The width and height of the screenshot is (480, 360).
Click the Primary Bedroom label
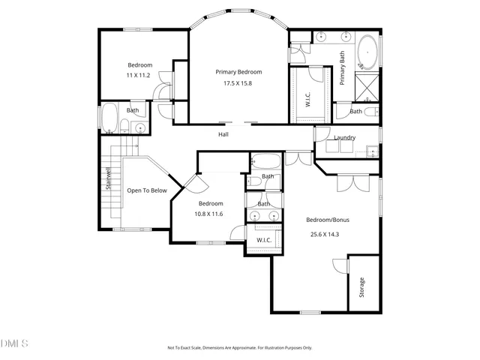point(238,72)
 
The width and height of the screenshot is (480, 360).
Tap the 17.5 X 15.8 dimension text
point(238,83)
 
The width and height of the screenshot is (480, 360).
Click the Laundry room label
point(345,137)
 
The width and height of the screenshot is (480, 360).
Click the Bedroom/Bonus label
point(328,220)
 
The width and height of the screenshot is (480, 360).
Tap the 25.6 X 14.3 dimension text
point(325,235)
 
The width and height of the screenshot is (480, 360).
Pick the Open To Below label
point(146,190)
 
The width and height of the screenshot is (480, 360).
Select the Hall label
point(223,135)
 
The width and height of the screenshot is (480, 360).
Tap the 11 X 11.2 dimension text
point(139,76)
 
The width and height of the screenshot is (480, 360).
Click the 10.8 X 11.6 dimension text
point(210,214)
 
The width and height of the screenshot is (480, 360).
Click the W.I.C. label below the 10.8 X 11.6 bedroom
point(264,240)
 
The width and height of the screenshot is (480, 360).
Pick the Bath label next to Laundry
point(356,112)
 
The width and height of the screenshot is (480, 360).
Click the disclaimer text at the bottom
point(239,348)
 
